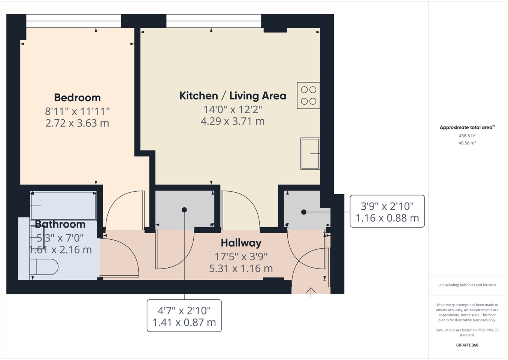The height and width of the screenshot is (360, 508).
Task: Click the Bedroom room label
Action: [x=77, y=97]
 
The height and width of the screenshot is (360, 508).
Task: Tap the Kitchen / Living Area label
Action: [x=233, y=96]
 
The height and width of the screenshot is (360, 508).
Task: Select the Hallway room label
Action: [x=241, y=243]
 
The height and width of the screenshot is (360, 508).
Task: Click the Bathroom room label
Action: [x=60, y=224]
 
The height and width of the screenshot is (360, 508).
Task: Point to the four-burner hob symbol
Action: [x=308, y=96]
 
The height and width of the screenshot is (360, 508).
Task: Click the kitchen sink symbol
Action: [x=310, y=154]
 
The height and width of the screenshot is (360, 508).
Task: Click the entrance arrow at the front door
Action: [x=311, y=291]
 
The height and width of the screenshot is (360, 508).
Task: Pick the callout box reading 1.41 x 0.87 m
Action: [x=184, y=316]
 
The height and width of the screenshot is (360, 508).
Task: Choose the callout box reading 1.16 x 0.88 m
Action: [x=387, y=211]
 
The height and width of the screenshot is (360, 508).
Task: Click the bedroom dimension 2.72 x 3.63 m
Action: [x=77, y=123]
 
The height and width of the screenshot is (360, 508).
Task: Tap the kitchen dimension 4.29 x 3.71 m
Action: [x=233, y=121]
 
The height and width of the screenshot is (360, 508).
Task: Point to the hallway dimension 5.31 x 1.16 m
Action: [x=241, y=268]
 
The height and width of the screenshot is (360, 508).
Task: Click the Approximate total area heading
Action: [x=467, y=127]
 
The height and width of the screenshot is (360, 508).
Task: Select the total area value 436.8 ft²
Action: [x=467, y=136]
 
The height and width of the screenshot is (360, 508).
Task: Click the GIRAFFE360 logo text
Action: [x=467, y=345]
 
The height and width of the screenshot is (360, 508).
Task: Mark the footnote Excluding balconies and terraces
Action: [x=467, y=285]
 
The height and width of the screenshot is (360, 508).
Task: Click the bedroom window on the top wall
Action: [x=73, y=21]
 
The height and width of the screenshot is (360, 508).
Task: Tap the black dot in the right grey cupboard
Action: [x=304, y=212]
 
